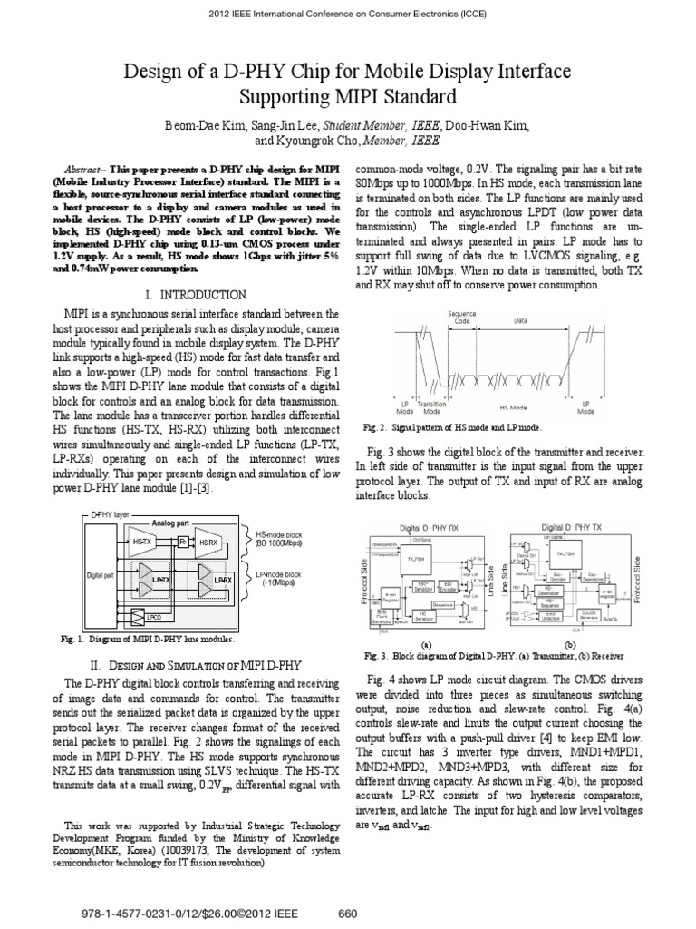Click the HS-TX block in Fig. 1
(x=142, y=542)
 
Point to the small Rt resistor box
(x=182, y=542)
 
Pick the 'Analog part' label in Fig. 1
(x=169, y=523)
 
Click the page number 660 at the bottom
(x=347, y=913)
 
